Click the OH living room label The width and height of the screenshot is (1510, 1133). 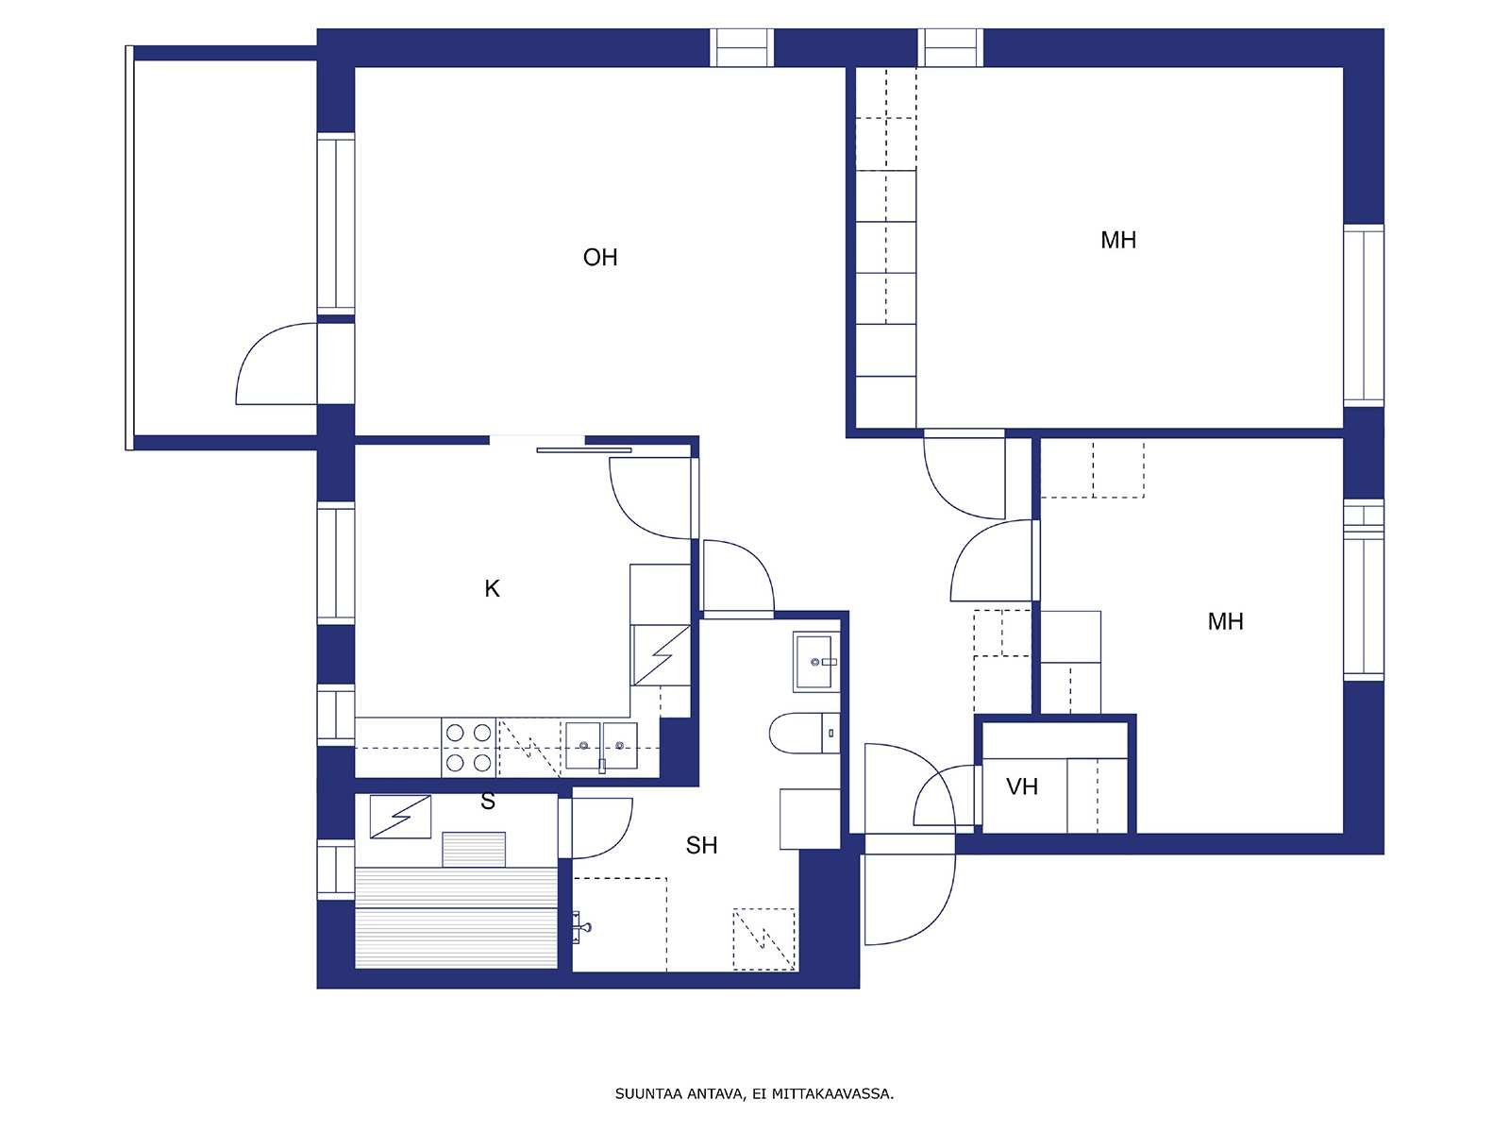tap(600, 257)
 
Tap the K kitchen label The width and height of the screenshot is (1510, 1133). tap(492, 588)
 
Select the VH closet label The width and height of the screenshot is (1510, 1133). tap(1021, 786)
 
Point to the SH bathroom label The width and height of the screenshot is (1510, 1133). tap(702, 845)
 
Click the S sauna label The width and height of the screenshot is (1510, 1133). tap(488, 801)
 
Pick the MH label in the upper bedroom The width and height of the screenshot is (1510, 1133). tap(1118, 240)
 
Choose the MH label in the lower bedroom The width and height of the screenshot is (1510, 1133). tap(1226, 622)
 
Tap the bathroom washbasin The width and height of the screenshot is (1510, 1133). tap(816, 662)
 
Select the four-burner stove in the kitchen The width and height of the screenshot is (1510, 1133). tap(468, 748)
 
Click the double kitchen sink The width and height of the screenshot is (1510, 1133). tap(601, 746)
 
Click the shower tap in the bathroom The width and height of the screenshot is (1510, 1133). tap(581, 926)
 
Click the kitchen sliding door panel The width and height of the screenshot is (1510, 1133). tap(584, 450)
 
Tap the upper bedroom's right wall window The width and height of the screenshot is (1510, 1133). tap(1364, 315)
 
